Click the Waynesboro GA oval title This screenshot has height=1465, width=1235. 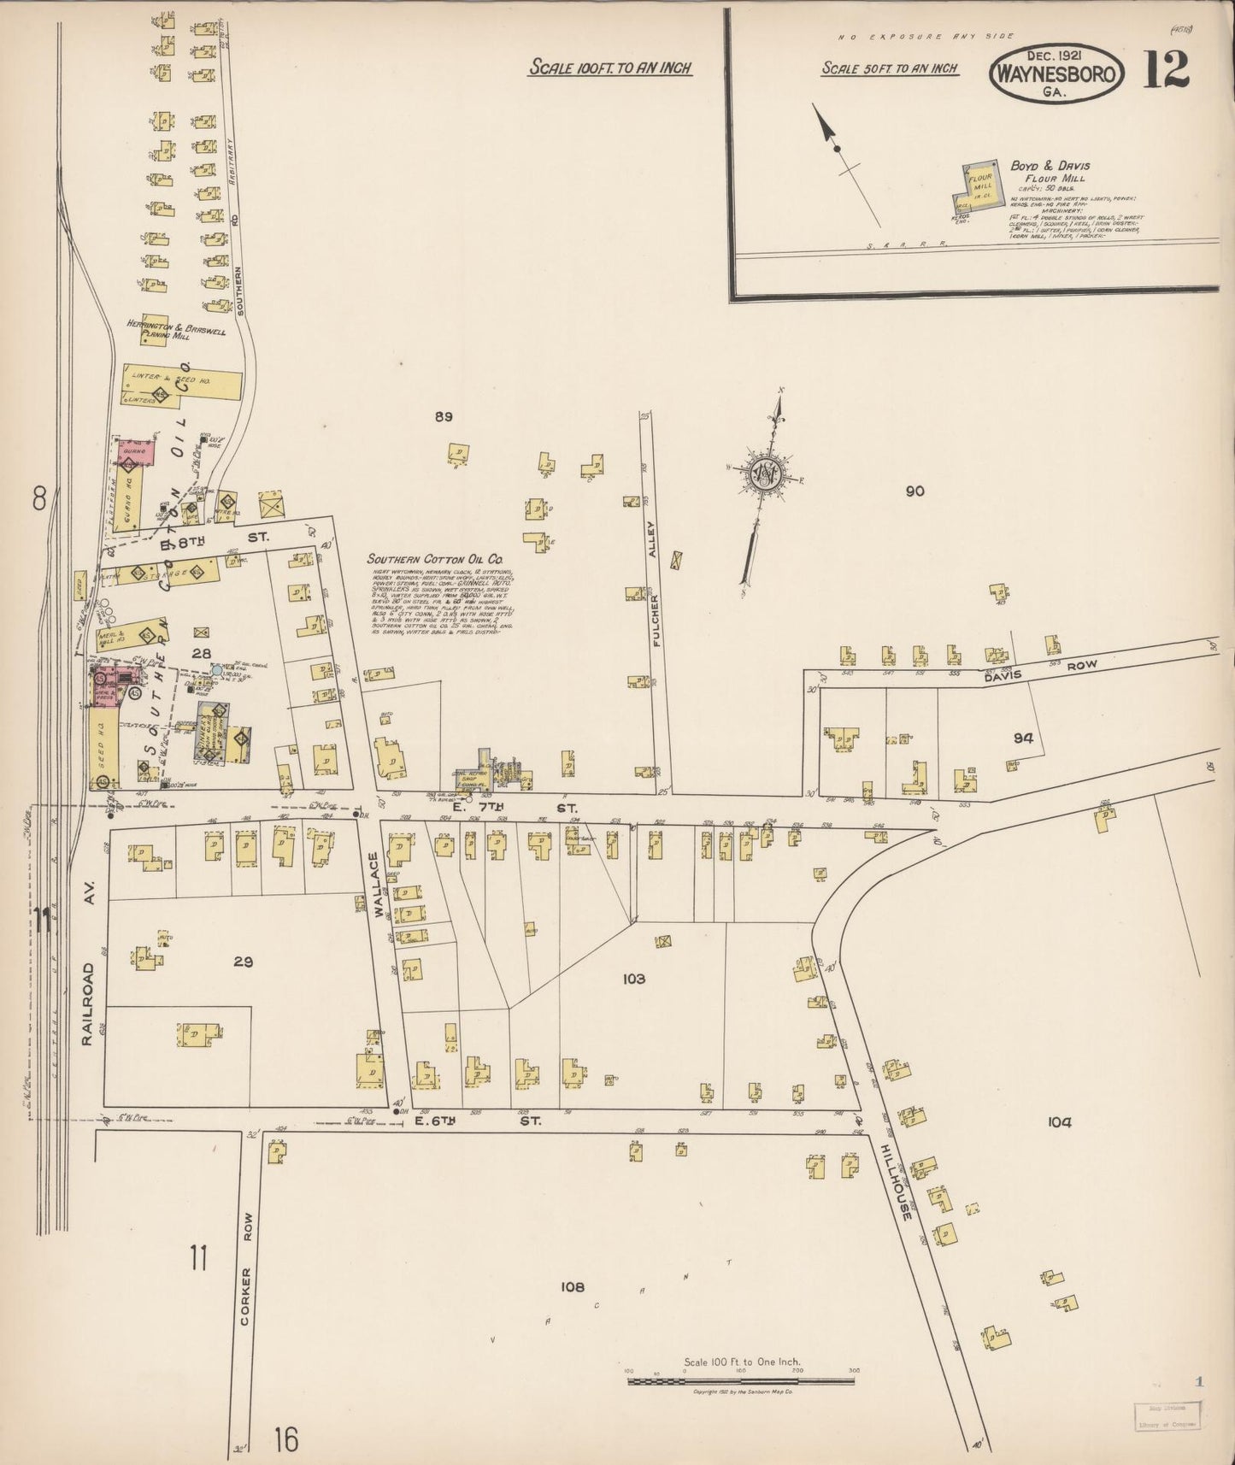1055,76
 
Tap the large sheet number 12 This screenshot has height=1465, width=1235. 1166,70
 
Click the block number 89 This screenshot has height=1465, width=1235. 443,417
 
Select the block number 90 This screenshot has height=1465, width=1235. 915,491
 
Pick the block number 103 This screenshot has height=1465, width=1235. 634,979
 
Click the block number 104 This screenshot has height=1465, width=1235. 1059,1122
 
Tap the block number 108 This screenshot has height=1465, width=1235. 572,1286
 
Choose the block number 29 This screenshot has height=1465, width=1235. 244,962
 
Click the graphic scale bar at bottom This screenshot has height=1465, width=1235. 741,1380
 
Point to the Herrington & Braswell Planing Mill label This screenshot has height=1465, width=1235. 176,329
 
